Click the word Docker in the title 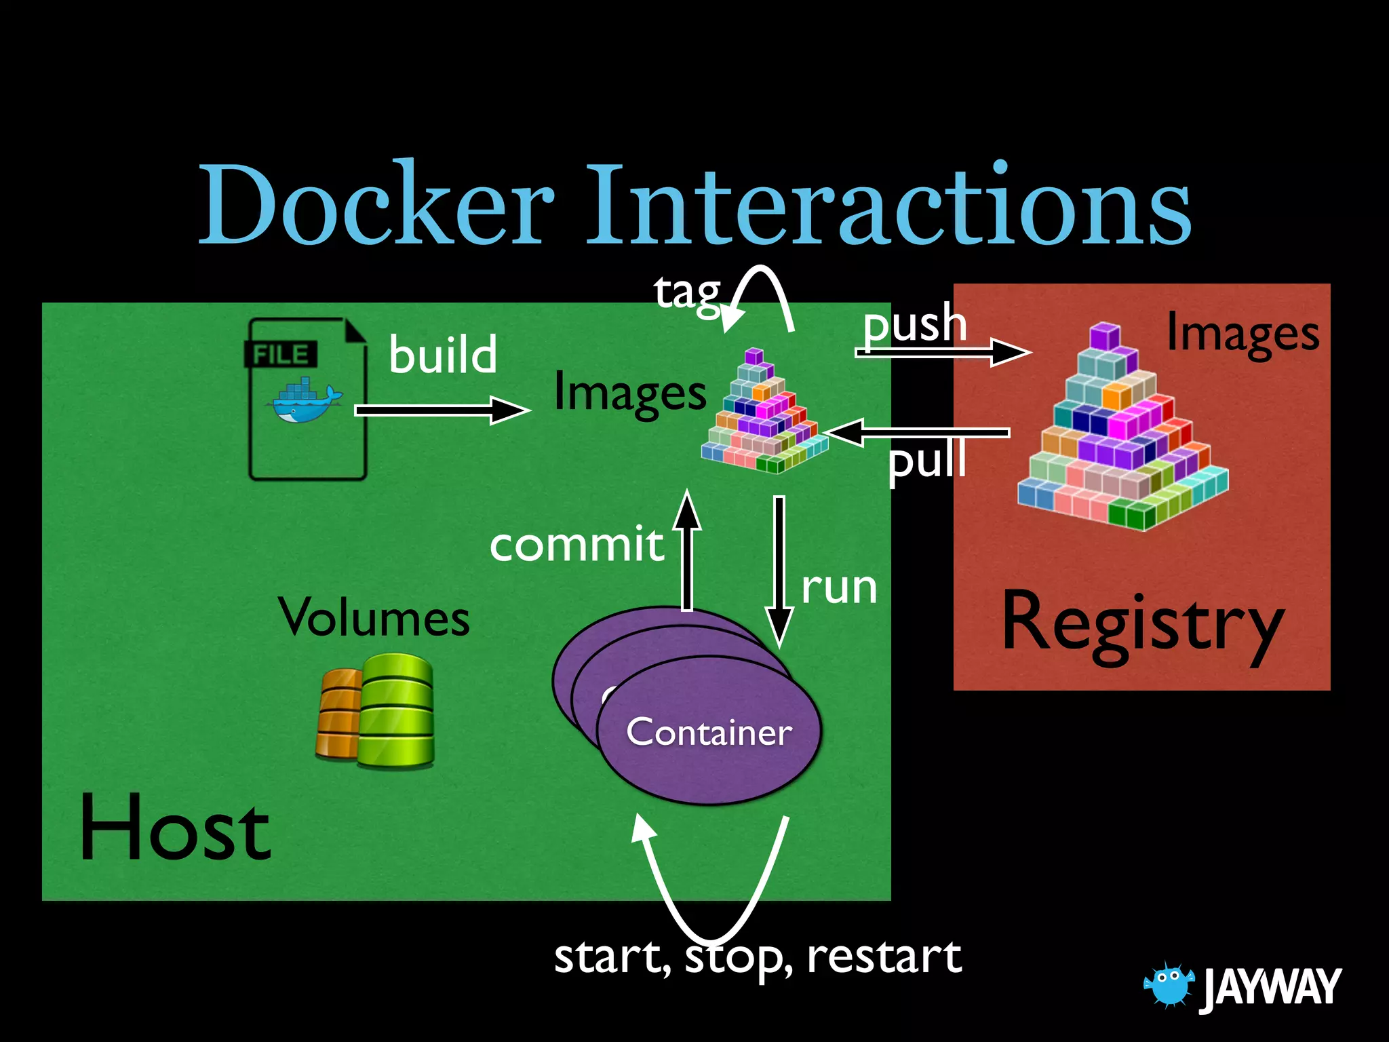[376, 205]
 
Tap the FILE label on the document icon [281, 354]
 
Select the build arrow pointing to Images [441, 410]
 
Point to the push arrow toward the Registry [943, 352]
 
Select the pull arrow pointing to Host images [916, 433]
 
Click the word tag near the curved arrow [686, 293]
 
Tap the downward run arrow [779, 570]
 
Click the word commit [576, 545]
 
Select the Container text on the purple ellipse [709, 733]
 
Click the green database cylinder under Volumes [397, 711]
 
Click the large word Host [175, 829]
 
